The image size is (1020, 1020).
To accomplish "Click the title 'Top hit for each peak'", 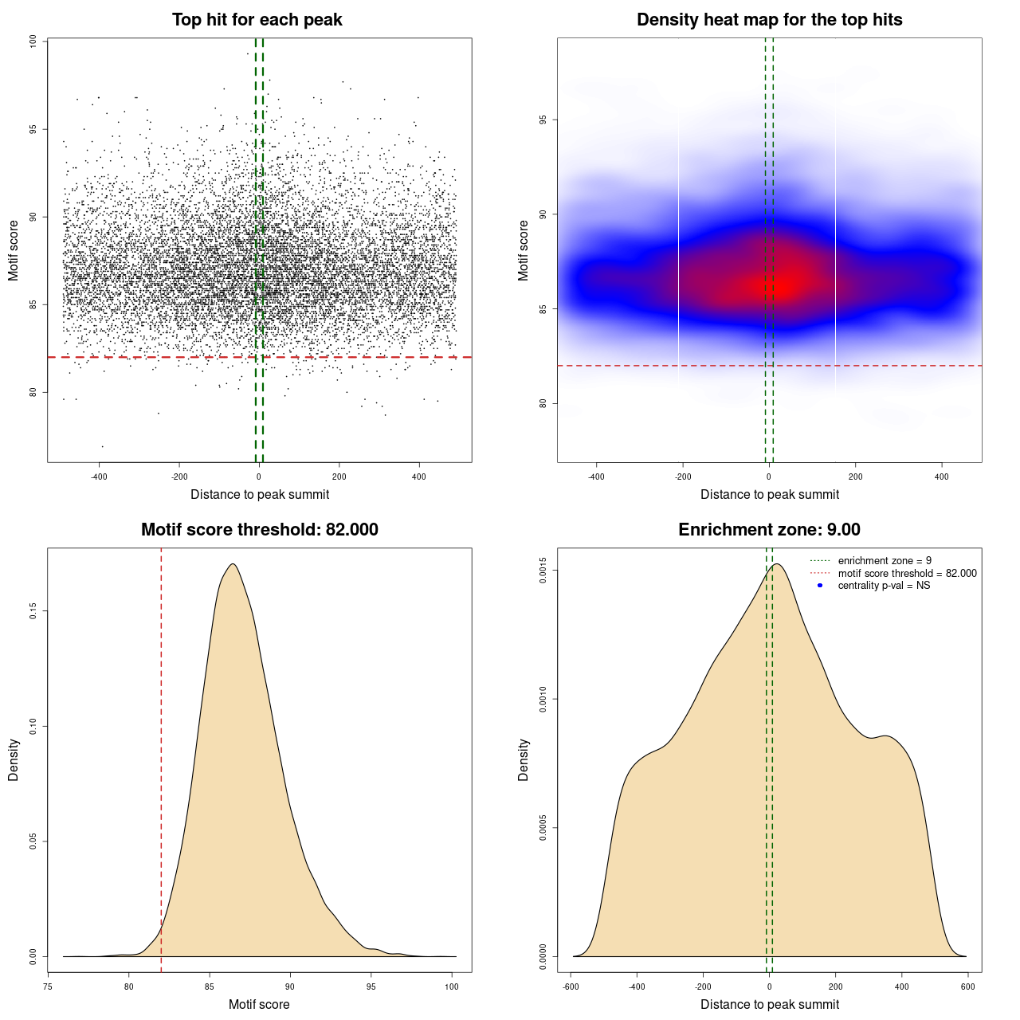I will tap(257, 20).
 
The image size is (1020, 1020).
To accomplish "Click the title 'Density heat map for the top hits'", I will tap(769, 20).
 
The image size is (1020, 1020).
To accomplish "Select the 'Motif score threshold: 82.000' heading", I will tap(259, 530).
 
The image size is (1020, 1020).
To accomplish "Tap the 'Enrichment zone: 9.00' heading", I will tap(769, 530).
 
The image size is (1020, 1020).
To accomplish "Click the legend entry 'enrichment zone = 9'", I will tap(885, 561).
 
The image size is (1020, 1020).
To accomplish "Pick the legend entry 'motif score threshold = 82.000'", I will tap(907, 574).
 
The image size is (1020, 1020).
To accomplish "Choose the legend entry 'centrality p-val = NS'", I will tap(884, 586).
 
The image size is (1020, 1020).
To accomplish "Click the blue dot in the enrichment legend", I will tap(820, 586).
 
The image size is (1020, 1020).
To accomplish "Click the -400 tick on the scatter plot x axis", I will tap(99, 477).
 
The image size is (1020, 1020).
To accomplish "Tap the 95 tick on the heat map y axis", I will tap(543, 120).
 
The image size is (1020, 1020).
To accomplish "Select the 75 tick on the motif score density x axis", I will tap(49, 987).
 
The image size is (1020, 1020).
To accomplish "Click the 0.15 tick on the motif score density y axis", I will tap(33, 611).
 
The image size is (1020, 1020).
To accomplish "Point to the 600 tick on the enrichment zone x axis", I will tap(968, 987).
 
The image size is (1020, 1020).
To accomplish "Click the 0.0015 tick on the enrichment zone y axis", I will tap(543, 571).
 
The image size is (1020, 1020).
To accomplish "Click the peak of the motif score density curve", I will tap(232, 564).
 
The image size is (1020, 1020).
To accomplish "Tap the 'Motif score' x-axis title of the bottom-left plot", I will tap(259, 1004).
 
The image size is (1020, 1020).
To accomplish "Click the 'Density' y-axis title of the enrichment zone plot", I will tap(524, 759).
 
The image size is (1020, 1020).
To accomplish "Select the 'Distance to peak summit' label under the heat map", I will tap(769, 494).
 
